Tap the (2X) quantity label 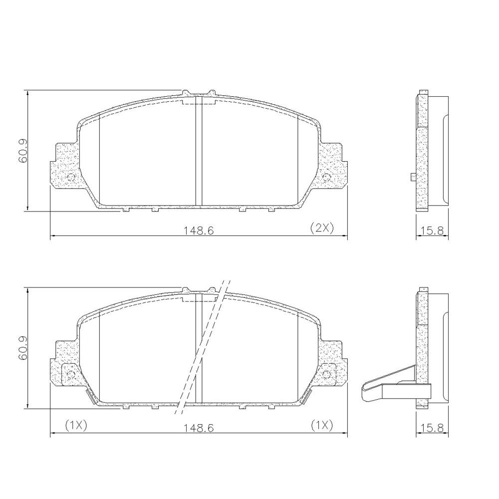(321, 228)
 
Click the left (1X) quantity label (76, 425)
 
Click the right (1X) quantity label (321, 425)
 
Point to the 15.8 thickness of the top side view (432, 231)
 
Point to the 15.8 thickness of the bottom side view (432, 428)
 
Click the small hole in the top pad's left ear (70, 177)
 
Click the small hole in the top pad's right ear (327, 177)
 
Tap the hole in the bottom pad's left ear (70, 374)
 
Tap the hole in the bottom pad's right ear (327, 374)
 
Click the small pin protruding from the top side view (412, 176)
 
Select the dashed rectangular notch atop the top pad (199, 102)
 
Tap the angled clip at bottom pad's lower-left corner (91, 397)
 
